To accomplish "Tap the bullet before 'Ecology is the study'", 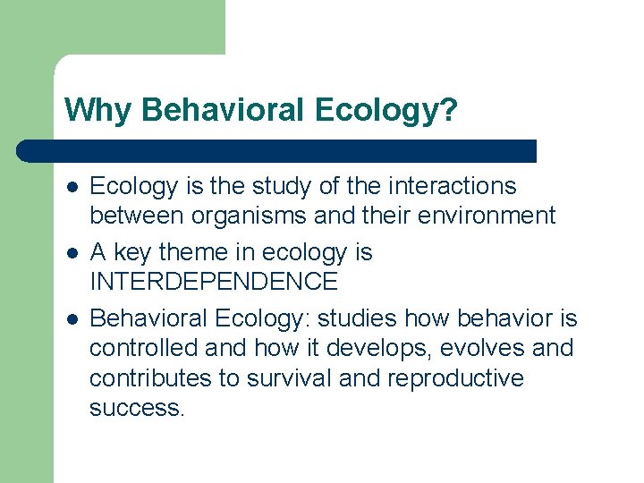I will [x=71, y=187].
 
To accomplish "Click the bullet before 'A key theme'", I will [x=71, y=253].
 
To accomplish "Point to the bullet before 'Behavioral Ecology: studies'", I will [x=71, y=319].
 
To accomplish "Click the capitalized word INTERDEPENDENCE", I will [x=214, y=282].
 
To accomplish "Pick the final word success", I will [x=137, y=408].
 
